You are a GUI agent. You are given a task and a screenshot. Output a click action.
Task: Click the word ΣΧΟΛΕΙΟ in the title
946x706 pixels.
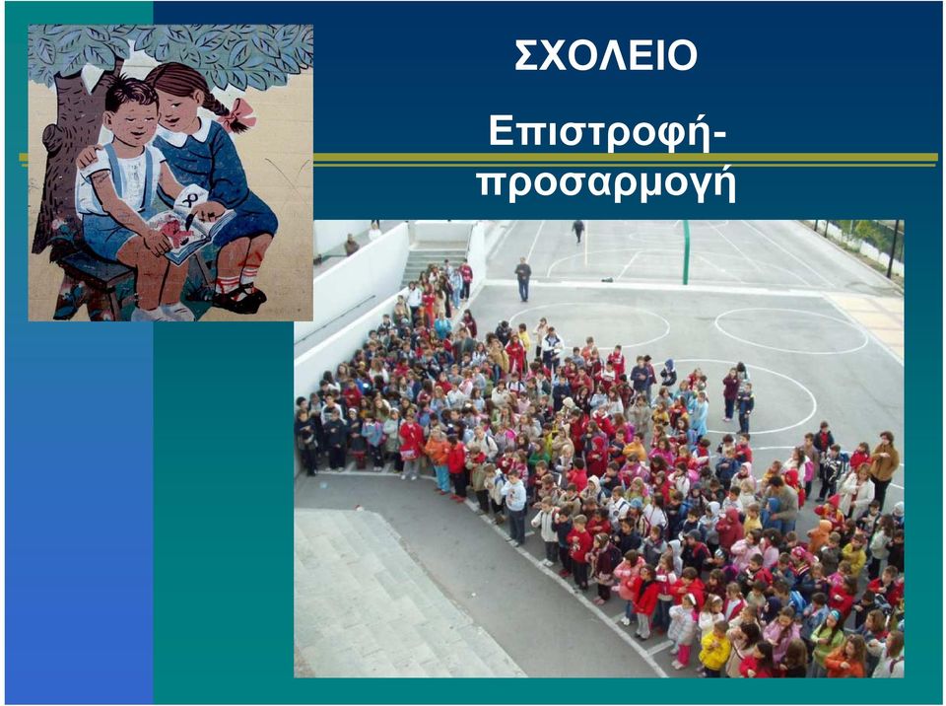click(606, 55)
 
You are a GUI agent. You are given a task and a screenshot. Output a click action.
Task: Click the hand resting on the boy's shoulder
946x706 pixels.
click(90, 157)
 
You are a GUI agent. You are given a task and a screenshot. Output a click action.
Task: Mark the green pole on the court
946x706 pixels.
click(686, 252)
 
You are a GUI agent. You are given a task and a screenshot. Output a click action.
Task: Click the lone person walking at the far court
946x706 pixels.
click(578, 231)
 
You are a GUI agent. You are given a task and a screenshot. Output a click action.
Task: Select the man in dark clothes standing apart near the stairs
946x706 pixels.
click(523, 280)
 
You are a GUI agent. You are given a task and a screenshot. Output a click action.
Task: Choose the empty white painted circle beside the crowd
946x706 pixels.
click(791, 330)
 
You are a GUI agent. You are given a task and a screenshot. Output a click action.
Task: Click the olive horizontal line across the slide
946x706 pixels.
click(625, 158)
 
